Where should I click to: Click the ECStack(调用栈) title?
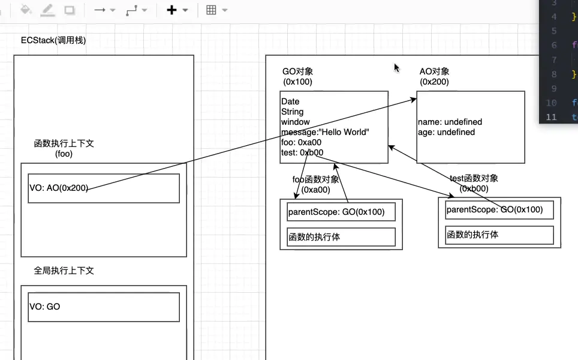[x=53, y=40]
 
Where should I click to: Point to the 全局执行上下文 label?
[x=64, y=271]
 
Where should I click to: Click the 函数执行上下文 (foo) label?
[x=64, y=148]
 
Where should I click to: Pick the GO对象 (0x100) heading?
[x=297, y=76]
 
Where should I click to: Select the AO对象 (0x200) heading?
[x=434, y=76]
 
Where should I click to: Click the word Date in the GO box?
[x=290, y=101]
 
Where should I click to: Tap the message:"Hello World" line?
[x=325, y=132]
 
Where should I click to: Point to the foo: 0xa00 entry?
[x=301, y=142]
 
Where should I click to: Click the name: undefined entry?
[x=450, y=122]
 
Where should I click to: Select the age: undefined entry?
[x=446, y=132]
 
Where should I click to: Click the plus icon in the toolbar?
[x=171, y=10]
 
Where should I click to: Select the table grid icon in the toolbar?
[x=211, y=10]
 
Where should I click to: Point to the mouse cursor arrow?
[x=397, y=68]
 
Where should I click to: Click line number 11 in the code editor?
[x=551, y=117]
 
